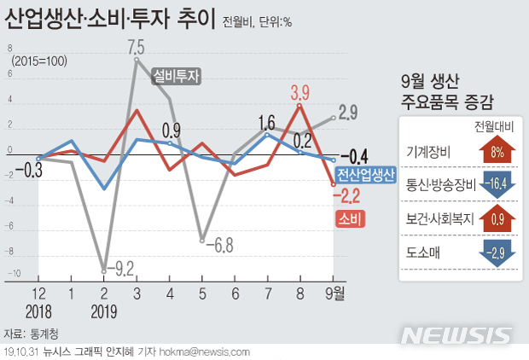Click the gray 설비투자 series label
click(x=177, y=76)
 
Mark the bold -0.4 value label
click(x=354, y=156)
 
